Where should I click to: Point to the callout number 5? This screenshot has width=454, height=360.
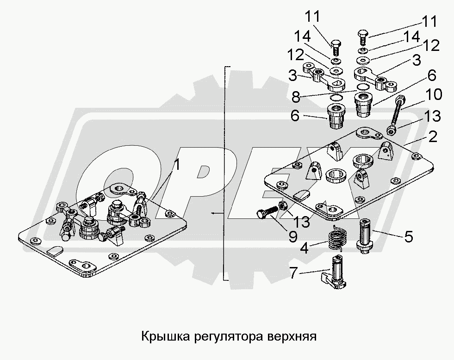[x=408, y=236]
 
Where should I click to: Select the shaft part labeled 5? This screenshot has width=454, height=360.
[x=366, y=236]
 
